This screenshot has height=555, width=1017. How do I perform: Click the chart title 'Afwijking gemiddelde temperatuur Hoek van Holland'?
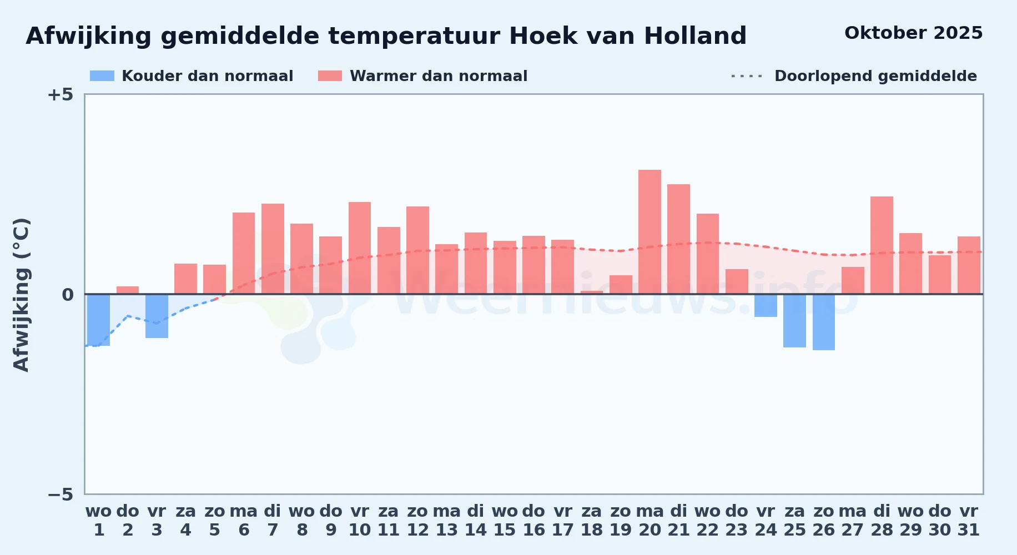click(x=386, y=36)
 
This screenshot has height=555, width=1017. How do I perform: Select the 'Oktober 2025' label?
click(x=913, y=33)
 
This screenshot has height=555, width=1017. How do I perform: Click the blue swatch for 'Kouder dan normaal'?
click(x=102, y=76)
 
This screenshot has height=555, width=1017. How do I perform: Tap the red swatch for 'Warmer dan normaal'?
click(x=330, y=76)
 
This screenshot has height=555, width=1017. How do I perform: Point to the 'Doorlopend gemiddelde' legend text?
click(x=875, y=76)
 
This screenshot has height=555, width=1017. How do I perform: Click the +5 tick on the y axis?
click(x=60, y=94)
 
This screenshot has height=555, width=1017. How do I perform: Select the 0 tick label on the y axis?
click(x=67, y=295)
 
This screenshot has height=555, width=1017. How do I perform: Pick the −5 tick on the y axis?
click(x=60, y=494)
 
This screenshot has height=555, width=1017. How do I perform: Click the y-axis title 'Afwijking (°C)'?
click(x=21, y=294)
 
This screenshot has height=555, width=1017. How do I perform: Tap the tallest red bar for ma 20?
click(x=650, y=232)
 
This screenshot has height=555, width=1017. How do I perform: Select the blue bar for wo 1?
click(x=99, y=320)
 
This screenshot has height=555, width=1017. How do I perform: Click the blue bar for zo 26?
click(x=824, y=322)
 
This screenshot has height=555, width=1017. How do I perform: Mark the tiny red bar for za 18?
click(x=592, y=292)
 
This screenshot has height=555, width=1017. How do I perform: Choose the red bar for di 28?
click(x=882, y=245)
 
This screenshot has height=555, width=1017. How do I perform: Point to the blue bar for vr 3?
click(x=157, y=316)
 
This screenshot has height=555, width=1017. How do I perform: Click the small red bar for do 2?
click(x=128, y=290)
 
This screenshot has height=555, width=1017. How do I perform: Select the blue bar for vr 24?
click(x=766, y=305)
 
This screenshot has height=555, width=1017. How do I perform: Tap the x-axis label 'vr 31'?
click(x=969, y=521)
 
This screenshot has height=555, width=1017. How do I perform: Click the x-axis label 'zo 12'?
click(x=417, y=521)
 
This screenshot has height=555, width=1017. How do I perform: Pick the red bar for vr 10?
click(x=360, y=248)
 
